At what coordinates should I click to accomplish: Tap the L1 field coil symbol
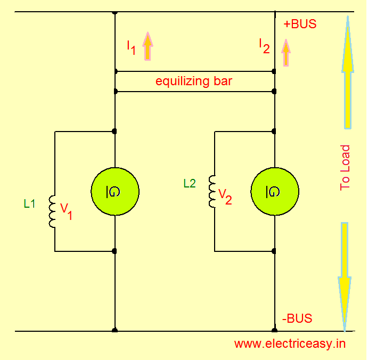(52, 211)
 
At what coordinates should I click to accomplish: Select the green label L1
(30, 203)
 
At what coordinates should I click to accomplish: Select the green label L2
(190, 184)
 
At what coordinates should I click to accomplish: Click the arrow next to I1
(148, 45)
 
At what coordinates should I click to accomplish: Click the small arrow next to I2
(287, 53)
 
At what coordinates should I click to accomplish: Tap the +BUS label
(300, 24)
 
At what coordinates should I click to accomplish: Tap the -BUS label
(297, 319)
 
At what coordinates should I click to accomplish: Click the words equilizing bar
(194, 82)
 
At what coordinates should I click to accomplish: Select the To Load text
(345, 168)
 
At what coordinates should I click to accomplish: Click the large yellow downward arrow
(345, 274)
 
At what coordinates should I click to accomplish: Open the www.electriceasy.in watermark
(290, 343)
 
